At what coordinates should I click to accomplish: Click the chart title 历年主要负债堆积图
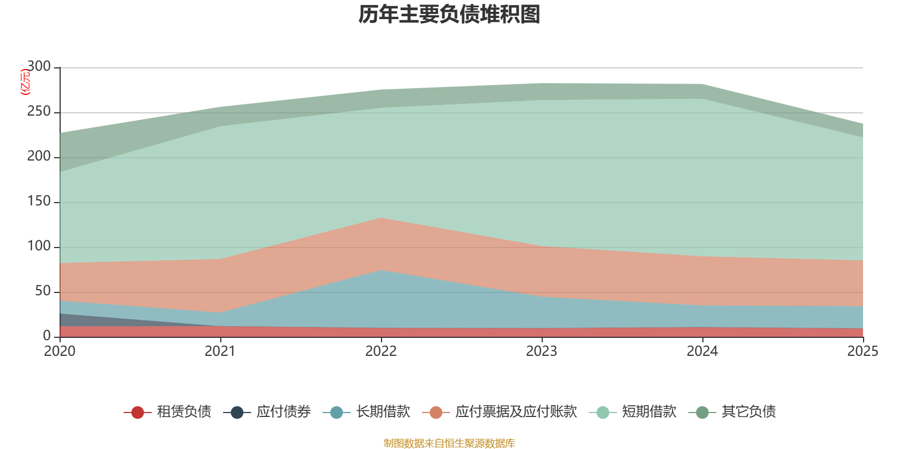pos(449,15)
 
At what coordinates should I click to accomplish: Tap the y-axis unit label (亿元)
pos(25,82)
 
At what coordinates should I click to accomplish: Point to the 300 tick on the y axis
pos(39,67)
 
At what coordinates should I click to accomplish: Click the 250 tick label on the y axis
pos(39,112)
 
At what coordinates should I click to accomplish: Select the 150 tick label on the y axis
pos(39,201)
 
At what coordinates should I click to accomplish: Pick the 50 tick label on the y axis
pos(43,291)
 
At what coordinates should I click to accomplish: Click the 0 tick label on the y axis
pos(47,336)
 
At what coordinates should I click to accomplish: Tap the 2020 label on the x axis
pos(60,351)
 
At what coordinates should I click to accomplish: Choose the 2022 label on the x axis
pos(381,351)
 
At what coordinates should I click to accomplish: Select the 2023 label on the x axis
pos(542,351)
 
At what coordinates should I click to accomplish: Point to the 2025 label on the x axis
pos(863,351)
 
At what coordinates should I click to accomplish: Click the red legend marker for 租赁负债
pos(138,412)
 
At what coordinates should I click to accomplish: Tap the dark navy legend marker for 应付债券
pos(237,412)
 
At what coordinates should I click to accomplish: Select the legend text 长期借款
pos(383,412)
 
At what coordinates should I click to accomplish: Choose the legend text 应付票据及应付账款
pos(516,412)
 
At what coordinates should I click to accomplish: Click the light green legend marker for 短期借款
pos(603,412)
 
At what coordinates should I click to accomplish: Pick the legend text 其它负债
pos(749,412)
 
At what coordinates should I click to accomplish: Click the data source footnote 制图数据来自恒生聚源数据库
pos(449,443)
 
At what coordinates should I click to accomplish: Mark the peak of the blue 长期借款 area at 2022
pos(382,270)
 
